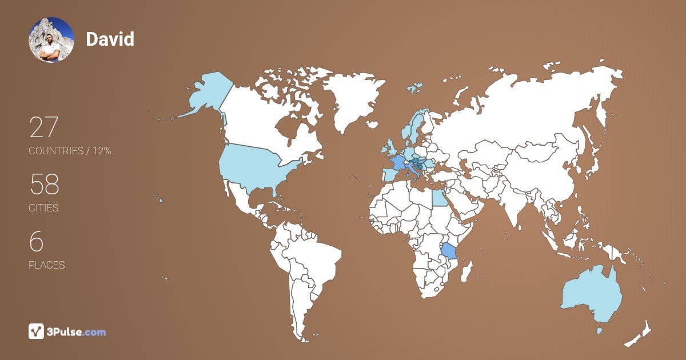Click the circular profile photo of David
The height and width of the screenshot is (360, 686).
[51, 39]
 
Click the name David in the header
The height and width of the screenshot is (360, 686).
[110, 39]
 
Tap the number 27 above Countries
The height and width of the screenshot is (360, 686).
[44, 127]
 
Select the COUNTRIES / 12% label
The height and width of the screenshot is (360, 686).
[70, 151]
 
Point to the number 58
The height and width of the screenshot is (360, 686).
[44, 185]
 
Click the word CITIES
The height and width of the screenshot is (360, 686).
[43, 208]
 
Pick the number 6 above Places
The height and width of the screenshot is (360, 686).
[36, 242]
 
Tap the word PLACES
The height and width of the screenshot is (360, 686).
[46, 265]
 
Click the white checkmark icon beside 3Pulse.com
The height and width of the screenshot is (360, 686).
[37, 331]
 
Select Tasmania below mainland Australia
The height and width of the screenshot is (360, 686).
[600, 330]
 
